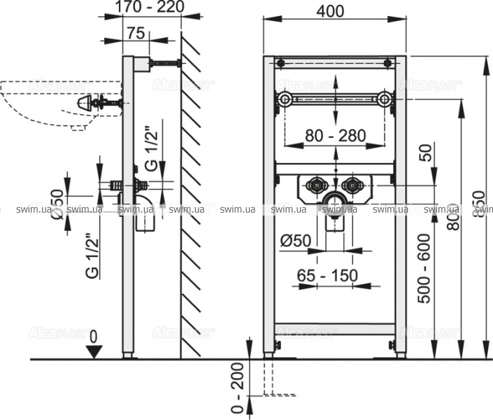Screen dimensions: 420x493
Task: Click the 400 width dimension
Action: pyautogui.click(x=335, y=12)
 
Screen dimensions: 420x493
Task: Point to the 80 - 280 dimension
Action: pyautogui.click(x=336, y=135)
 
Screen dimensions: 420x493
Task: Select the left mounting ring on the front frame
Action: pyautogui.click(x=284, y=99)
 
